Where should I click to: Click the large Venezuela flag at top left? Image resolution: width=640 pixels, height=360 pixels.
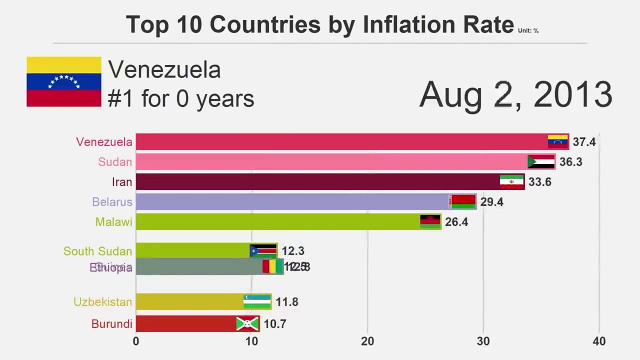[64, 81]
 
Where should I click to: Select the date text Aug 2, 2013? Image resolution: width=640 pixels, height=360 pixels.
[515, 94]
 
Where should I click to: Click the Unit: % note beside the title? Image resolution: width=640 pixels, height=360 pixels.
[528, 31]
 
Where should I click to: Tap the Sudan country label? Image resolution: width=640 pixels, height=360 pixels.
[115, 162]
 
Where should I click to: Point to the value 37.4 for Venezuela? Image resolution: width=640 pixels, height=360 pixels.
[584, 142]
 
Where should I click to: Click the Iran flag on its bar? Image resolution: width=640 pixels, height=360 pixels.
[512, 182]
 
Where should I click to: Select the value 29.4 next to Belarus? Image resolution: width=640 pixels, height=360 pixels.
[491, 202]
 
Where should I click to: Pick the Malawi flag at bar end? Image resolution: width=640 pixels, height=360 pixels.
[430, 221]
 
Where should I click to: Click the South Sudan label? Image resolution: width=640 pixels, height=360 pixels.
[97, 251]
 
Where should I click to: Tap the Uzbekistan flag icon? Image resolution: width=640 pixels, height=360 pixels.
[257, 301]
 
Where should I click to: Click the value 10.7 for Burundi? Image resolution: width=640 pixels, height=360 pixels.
[275, 324]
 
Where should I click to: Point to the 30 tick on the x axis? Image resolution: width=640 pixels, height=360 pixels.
[483, 341]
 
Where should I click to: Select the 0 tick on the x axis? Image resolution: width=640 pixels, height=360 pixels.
[136, 341]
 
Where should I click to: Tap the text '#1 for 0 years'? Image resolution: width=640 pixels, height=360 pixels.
[180, 98]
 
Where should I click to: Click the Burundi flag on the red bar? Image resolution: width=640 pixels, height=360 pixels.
[247, 324]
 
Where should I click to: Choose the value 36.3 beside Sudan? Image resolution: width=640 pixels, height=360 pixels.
[570, 162]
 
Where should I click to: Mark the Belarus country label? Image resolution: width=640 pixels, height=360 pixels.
[112, 202]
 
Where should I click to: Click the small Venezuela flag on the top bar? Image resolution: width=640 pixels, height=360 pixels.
[558, 141]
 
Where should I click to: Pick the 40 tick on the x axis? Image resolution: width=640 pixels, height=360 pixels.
[599, 341]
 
